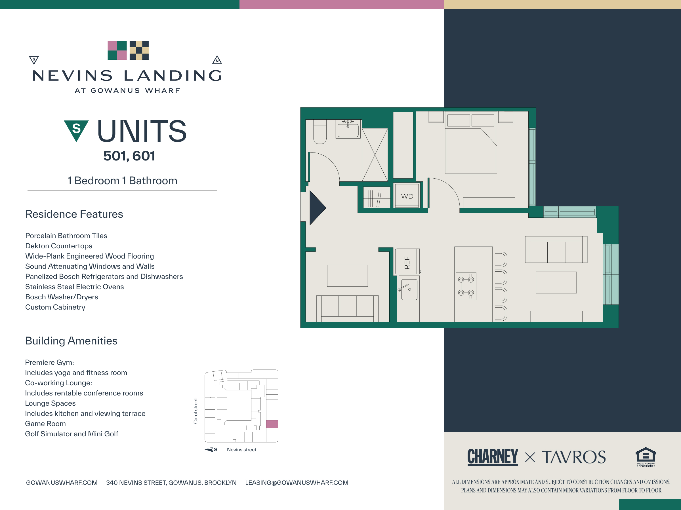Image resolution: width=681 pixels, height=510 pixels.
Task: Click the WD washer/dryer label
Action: (407, 196)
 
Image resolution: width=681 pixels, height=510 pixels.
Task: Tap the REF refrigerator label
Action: (407, 263)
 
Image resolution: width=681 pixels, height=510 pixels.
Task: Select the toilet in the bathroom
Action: (320, 132)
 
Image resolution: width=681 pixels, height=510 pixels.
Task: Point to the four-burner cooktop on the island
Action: (466, 286)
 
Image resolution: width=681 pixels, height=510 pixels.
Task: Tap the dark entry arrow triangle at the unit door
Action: (318, 208)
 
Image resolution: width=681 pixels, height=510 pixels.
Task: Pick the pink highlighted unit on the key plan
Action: (272, 424)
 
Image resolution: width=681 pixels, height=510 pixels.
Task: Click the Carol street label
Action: (196, 411)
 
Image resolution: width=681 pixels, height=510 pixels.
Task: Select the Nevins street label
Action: (241, 450)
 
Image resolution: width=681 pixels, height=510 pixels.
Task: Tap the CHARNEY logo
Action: (493, 457)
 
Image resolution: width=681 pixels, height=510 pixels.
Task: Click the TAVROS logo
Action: (573, 457)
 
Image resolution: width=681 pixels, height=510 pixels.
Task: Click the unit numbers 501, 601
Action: (129, 156)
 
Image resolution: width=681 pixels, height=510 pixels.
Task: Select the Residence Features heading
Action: (74, 214)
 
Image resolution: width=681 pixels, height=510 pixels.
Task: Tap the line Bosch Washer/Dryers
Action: (62, 297)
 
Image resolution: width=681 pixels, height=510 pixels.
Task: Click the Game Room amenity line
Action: (45, 424)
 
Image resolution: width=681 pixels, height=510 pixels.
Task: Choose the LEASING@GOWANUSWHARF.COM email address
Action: (297, 483)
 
